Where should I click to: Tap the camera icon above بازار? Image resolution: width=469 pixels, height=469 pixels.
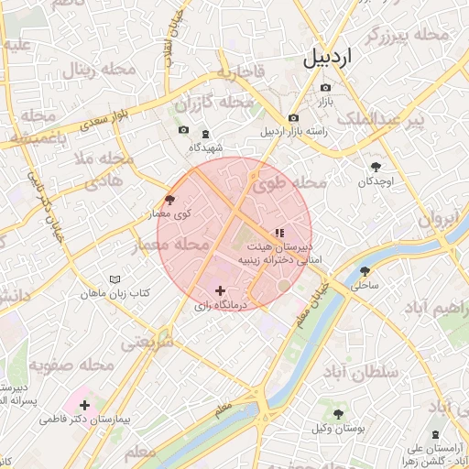(x=325, y=89)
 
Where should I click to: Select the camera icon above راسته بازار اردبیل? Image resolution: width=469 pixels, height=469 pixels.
(x=293, y=118)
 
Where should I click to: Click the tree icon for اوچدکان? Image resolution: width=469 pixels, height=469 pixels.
(x=376, y=166)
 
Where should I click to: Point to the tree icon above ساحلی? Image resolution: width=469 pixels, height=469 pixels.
(x=365, y=271)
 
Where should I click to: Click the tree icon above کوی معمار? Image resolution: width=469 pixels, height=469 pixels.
(x=169, y=199)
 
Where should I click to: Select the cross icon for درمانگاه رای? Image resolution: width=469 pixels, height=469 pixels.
(x=219, y=290)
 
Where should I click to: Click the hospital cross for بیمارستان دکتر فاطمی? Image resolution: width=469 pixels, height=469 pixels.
(x=84, y=404)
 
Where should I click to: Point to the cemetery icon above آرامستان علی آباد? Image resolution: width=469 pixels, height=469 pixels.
(x=434, y=434)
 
